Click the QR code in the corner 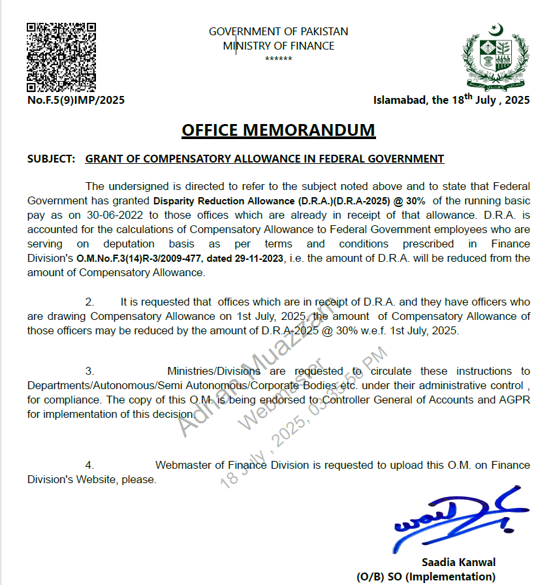tap(61, 57)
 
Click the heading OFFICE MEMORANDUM tap(278, 130)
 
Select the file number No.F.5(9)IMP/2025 tap(76, 101)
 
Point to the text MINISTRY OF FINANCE tap(278, 46)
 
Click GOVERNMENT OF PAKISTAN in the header tap(278, 31)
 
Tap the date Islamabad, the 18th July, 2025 tap(451, 100)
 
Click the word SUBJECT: tap(51, 159)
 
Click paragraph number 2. tap(89, 302)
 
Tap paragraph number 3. tap(89, 371)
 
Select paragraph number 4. tap(89, 465)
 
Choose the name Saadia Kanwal tap(458, 562)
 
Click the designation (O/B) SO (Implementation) tap(426, 577)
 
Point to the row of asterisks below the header tap(278, 59)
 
